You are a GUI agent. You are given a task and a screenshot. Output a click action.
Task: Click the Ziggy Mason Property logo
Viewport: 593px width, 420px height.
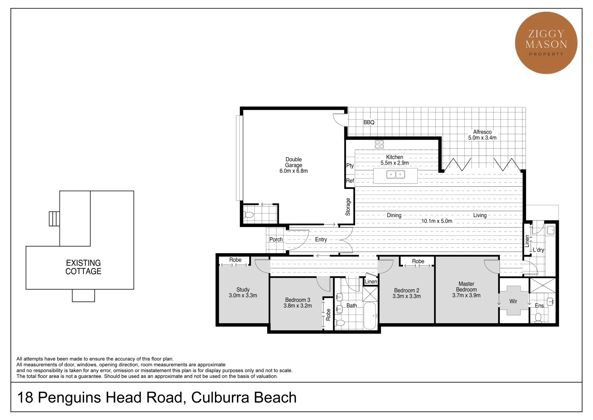coord(546,43)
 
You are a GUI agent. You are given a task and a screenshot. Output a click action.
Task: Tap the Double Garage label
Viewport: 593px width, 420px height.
coord(294,165)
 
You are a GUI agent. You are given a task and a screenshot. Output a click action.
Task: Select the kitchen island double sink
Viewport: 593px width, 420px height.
coord(396,175)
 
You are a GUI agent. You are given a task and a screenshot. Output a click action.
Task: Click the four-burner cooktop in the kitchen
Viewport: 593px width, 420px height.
coord(379,144)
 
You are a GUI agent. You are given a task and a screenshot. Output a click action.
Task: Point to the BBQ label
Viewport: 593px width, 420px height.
coord(369,122)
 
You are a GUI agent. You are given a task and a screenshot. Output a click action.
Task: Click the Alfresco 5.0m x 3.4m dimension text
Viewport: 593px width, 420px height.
coord(482,138)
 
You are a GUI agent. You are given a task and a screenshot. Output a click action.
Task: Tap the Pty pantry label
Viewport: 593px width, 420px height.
coord(350,166)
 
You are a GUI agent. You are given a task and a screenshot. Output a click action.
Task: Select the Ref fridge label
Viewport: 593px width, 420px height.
coord(350,181)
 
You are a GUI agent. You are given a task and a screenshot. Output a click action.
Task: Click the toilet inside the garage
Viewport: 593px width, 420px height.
coord(249,215)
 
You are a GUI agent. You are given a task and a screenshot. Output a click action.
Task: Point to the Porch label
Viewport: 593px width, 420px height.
coord(276,240)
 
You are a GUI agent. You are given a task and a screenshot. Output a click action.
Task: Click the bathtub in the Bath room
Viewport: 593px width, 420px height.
coord(370,315)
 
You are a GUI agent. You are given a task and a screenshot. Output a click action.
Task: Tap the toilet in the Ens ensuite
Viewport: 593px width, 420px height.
coord(538,318)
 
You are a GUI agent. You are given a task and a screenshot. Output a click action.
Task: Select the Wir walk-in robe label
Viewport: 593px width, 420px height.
coord(513,301)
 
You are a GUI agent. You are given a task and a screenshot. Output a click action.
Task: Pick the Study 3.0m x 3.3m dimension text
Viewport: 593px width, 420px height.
coord(243,296)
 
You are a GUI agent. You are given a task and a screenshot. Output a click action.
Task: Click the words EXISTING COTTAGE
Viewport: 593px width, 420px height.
coord(83,267)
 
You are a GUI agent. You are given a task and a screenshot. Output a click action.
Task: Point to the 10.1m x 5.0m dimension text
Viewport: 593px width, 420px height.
coord(437,221)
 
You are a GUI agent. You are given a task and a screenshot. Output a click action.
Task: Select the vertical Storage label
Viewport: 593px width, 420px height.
coord(348,207)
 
